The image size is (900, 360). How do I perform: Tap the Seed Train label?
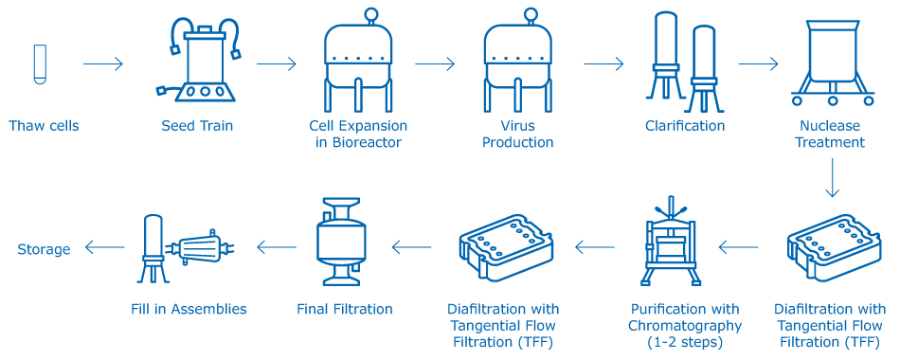tap(197, 126)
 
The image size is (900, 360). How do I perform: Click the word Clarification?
tap(685, 126)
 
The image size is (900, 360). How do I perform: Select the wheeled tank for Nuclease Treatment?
tap(831, 63)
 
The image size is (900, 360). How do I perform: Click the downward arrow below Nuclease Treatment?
tap(831, 178)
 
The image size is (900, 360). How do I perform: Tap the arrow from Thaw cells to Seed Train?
tap(103, 64)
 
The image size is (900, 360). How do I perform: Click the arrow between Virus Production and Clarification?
tap(603, 64)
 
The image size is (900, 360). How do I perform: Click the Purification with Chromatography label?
tap(686, 324)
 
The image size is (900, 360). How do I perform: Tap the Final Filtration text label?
tap(345, 309)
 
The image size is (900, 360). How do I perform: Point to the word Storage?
tap(44, 249)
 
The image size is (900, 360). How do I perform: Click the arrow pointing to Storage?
tap(104, 248)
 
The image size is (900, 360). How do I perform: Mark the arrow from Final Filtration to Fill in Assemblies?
tap(276, 248)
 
